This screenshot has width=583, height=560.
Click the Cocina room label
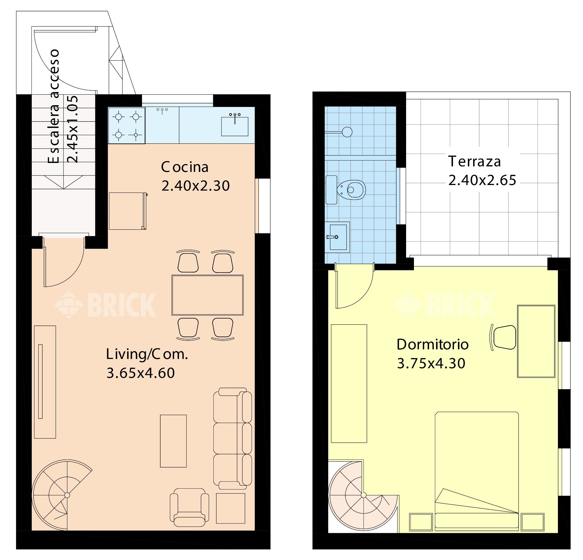[x=185, y=167]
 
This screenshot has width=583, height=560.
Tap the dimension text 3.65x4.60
[x=141, y=373]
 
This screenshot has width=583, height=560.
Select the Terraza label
[x=475, y=161]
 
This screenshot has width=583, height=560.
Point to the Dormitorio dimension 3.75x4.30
[x=431, y=363]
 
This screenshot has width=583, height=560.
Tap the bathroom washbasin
[x=337, y=237]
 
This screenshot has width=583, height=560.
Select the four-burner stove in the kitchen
[x=127, y=126]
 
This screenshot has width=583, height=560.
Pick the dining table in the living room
[x=208, y=295]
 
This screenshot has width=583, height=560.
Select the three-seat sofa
[x=233, y=439]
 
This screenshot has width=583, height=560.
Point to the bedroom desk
[x=536, y=341]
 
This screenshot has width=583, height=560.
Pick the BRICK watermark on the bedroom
[x=445, y=305]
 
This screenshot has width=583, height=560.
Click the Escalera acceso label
[x=54, y=106]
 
